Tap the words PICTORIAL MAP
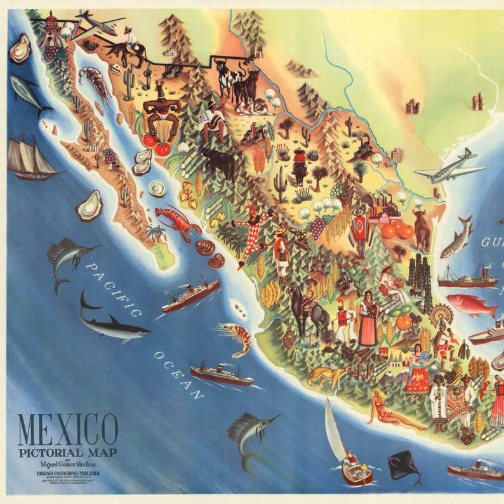point(68,453)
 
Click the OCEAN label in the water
point(180,375)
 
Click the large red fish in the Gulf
point(471,305)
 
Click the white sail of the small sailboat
point(335,425)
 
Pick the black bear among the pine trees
point(218,162)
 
